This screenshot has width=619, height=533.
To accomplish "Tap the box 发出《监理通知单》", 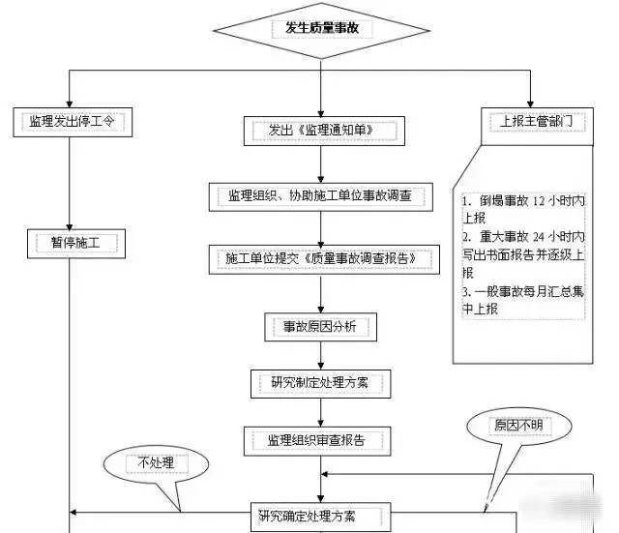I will pyautogui.click(x=320, y=128).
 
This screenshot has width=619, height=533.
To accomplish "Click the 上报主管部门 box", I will pyautogui.click(x=530, y=121).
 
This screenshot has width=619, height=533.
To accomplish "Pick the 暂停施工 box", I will pyautogui.click(x=75, y=242).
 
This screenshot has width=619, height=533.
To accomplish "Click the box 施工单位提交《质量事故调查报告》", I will pyautogui.click(x=320, y=258).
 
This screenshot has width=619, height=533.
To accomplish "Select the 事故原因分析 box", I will pyautogui.click(x=320, y=327).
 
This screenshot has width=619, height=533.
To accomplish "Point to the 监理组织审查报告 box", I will pyautogui.click(x=320, y=440).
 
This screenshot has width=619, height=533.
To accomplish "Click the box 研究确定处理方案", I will pyautogui.click(x=320, y=514).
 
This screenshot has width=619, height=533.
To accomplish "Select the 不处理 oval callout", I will pyautogui.click(x=156, y=463).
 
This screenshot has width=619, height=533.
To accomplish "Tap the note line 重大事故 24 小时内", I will pyautogui.click(x=522, y=237).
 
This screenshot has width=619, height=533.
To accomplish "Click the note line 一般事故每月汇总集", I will pyautogui.click(x=522, y=291).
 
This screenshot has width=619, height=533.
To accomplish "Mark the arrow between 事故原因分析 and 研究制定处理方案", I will pyautogui.click(x=320, y=354).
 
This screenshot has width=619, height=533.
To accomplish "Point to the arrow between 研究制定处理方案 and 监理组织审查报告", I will pyautogui.click(x=320, y=411).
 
